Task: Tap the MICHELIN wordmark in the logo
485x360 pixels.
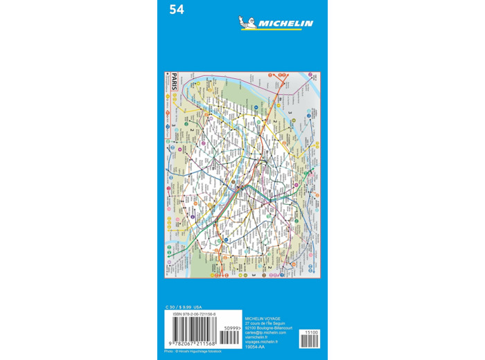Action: (285, 24)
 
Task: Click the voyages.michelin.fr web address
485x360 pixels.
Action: (261, 342)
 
